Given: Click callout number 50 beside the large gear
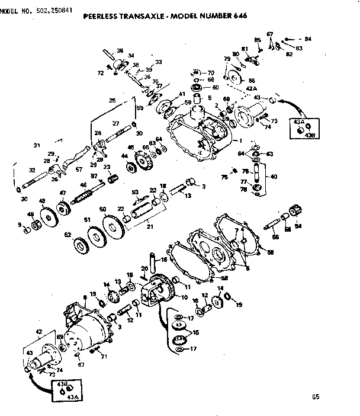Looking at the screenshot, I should pyautogui.click(x=102, y=210).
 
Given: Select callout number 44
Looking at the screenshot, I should pyautogui.click(x=124, y=156).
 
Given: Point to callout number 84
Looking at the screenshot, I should pyautogui.click(x=308, y=39).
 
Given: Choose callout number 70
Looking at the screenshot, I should pyautogui.click(x=210, y=73).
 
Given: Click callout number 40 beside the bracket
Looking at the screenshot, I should pyautogui.click(x=273, y=176).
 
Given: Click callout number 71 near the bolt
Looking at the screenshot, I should pyautogui.click(x=104, y=357).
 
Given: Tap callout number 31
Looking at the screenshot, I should pyautogui.click(x=37, y=145).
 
